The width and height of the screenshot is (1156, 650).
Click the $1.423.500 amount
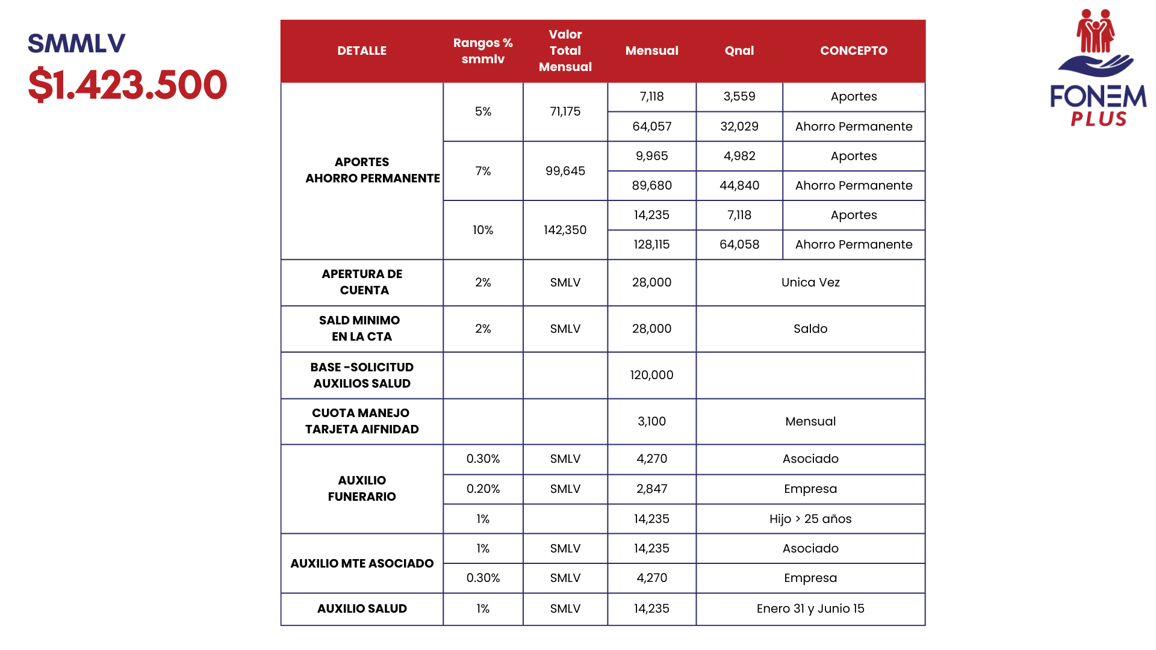click(128, 85)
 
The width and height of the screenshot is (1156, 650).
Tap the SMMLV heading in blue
click(76, 43)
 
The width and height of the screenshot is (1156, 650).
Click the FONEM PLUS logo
click(1098, 68)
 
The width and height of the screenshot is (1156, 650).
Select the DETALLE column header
click(362, 51)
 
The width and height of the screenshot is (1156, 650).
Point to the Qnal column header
click(739, 51)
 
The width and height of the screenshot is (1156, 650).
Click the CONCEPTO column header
click(853, 51)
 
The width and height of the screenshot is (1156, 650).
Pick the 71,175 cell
click(565, 111)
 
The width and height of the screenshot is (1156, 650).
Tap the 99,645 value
click(565, 171)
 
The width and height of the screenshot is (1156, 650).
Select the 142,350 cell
click(565, 230)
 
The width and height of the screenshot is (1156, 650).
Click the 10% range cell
click(483, 230)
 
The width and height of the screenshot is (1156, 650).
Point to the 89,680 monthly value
click(651, 185)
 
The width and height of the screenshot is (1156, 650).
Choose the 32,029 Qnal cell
click(739, 126)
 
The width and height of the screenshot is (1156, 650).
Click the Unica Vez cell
click(810, 282)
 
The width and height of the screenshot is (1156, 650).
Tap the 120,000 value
click(651, 375)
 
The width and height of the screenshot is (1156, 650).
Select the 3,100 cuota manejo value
click(651, 421)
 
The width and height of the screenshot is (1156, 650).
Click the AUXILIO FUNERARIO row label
click(362, 488)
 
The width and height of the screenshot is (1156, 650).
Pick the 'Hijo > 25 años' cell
click(810, 519)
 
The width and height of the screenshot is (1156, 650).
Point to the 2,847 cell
click(651, 489)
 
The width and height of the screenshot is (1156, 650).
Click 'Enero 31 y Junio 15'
click(810, 608)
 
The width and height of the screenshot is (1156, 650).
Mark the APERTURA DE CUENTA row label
click(362, 282)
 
